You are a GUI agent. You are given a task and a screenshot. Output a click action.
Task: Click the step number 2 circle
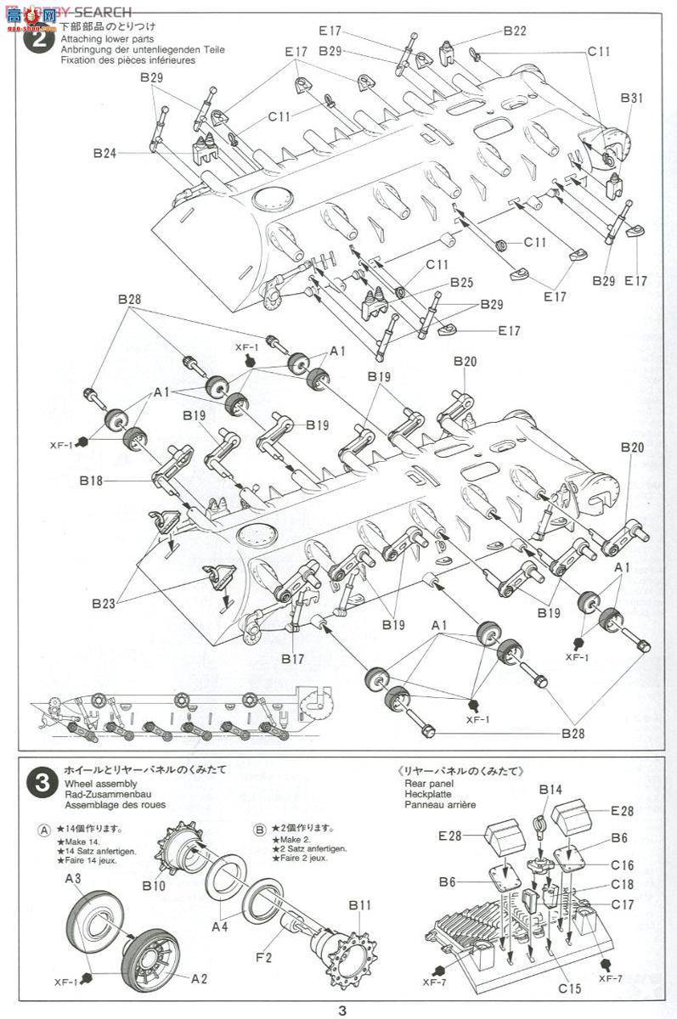click(36, 42)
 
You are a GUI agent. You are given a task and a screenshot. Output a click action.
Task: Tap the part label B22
click(514, 31)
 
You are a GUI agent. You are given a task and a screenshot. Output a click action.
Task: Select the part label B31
click(631, 99)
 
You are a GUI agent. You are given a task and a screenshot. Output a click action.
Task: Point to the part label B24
click(104, 154)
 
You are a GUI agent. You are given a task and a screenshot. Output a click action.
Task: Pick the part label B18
click(92, 481)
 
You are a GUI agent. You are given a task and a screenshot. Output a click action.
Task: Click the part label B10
click(154, 862)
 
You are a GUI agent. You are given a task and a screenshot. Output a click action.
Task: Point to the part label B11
click(359, 905)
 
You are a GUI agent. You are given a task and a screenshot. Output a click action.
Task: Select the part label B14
click(550, 790)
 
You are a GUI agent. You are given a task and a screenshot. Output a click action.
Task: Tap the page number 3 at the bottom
click(341, 1011)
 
